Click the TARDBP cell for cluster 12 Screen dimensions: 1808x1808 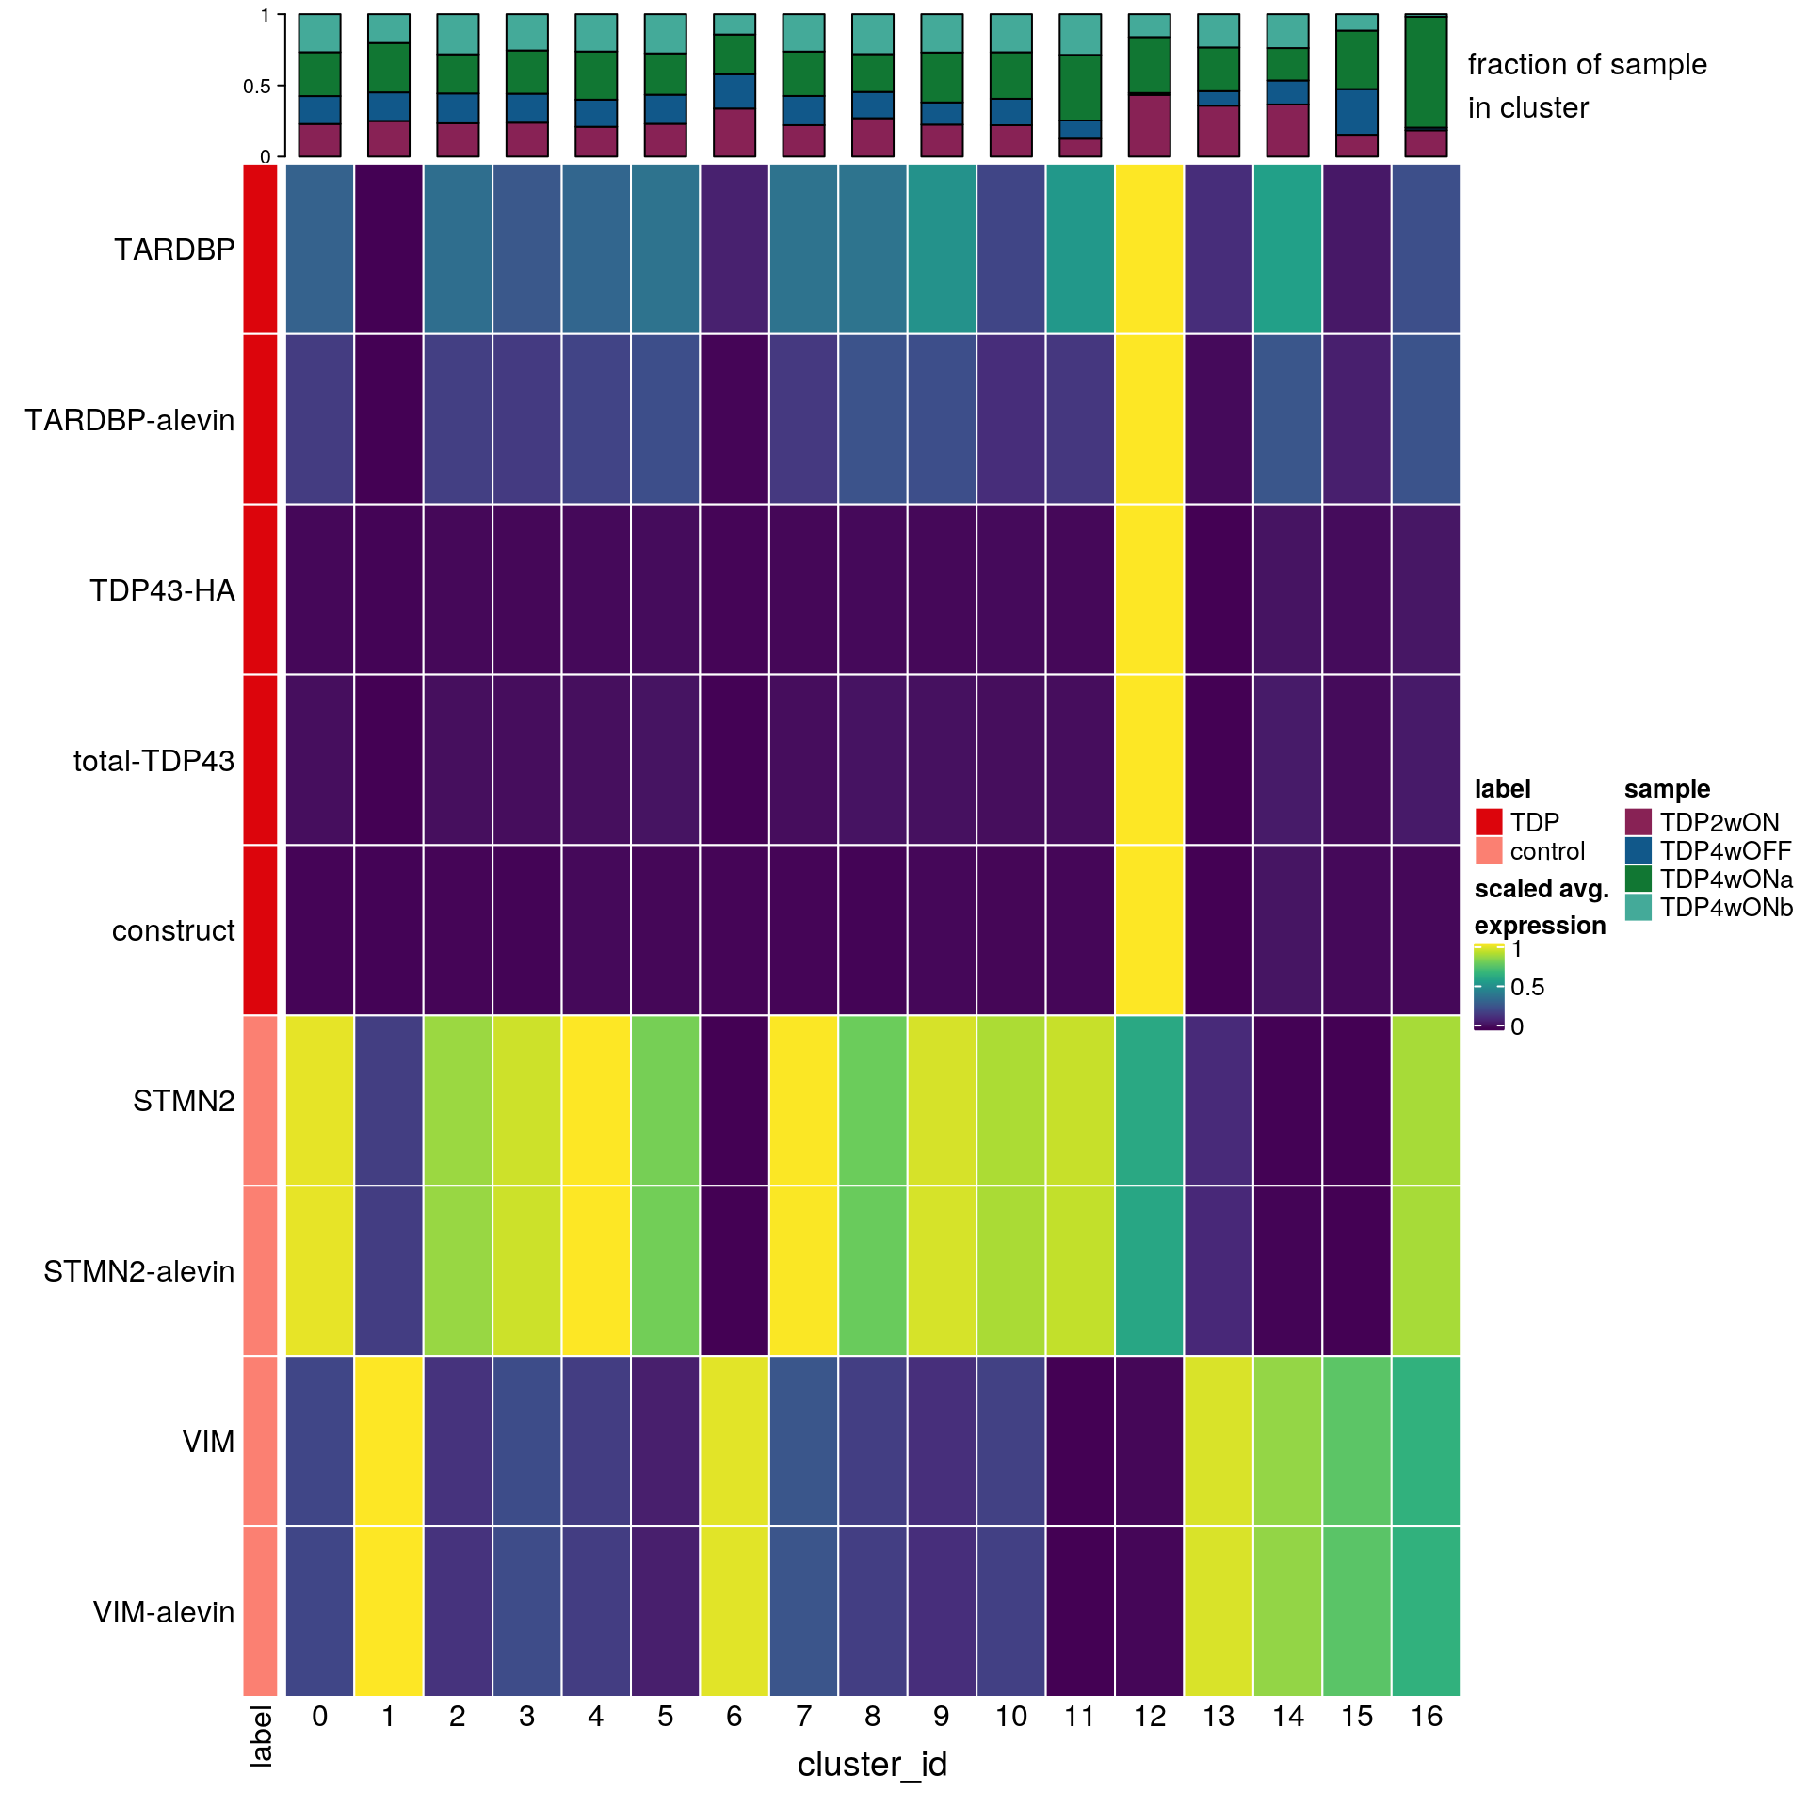click(x=1149, y=249)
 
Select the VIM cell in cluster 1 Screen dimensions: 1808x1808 click(x=389, y=1441)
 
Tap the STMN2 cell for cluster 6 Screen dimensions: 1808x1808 click(x=734, y=1100)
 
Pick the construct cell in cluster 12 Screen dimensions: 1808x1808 click(x=1149, y=930)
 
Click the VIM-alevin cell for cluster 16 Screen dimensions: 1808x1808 click(x=1426, y=1611)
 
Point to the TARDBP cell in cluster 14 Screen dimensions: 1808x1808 click(x=1287, y=249)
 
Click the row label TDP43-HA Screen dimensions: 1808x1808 click(x=162, y=590)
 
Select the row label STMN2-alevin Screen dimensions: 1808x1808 click(x=138, y=1271)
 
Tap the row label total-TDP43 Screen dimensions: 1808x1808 click(x=153, y=761)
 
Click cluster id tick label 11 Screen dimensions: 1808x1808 click(x=1079, y=1717)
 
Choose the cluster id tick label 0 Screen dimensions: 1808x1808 click(x=320, y=1717)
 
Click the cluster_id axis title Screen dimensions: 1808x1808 click(x=872, y=1764)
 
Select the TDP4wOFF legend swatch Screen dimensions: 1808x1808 click(x=1638, y=850)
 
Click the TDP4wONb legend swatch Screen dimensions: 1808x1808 click(x=1638, y=907)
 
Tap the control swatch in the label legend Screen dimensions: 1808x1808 click(x=1489, y=850)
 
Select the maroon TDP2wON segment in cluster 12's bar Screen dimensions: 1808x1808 click(x=1149, y=125)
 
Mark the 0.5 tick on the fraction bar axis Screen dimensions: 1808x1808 click(x=256, y=86)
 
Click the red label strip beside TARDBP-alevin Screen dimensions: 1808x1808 click(x=261, y=419)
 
